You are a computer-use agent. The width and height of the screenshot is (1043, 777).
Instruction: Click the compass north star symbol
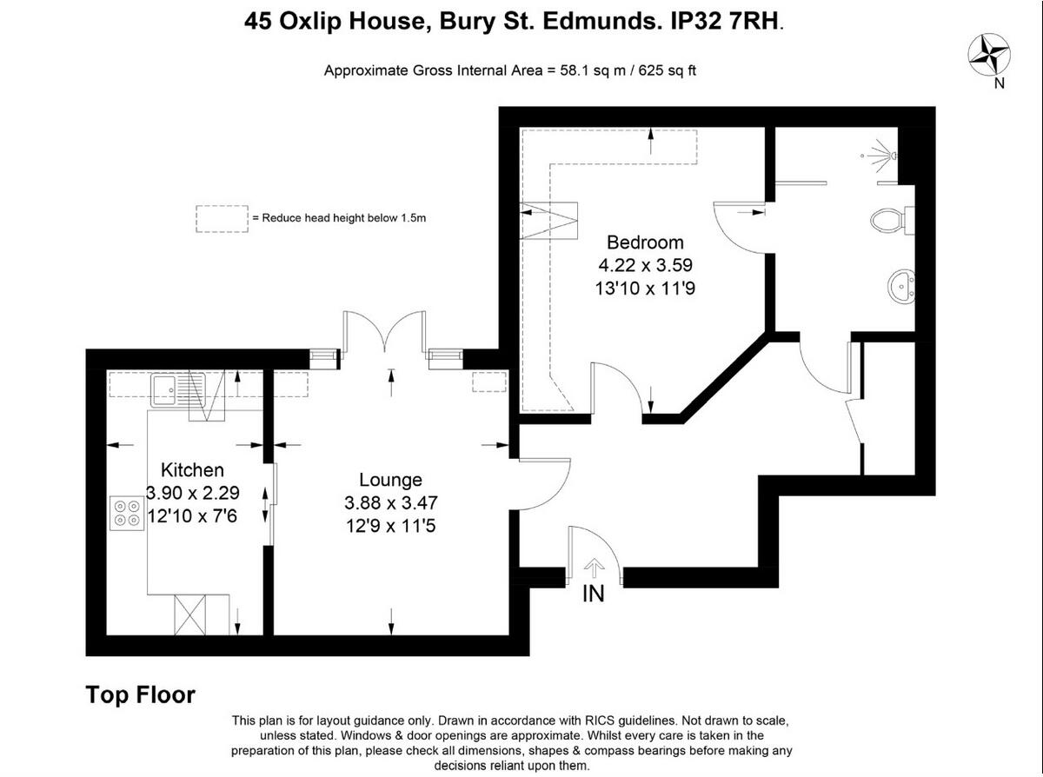click(988, 54)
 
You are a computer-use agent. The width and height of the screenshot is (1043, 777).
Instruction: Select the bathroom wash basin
click(901, 284)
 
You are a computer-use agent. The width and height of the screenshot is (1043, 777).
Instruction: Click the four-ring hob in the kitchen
click(126, 513)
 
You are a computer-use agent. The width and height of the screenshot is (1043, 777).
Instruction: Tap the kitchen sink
click(176, 389)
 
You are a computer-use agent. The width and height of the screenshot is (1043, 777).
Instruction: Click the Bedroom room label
click(645, 242)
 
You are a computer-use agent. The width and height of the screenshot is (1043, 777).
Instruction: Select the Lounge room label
click(390, 480)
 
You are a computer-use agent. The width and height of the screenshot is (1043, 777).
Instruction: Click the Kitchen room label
click(192, 470)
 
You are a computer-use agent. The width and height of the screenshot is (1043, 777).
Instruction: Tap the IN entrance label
click(594, 594)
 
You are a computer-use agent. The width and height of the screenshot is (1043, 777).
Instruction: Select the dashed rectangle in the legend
click(221, 218)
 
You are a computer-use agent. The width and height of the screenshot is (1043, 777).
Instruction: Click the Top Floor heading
click(140, 695)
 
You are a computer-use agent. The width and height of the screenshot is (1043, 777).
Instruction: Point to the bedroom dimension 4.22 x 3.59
click(645, 265)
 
